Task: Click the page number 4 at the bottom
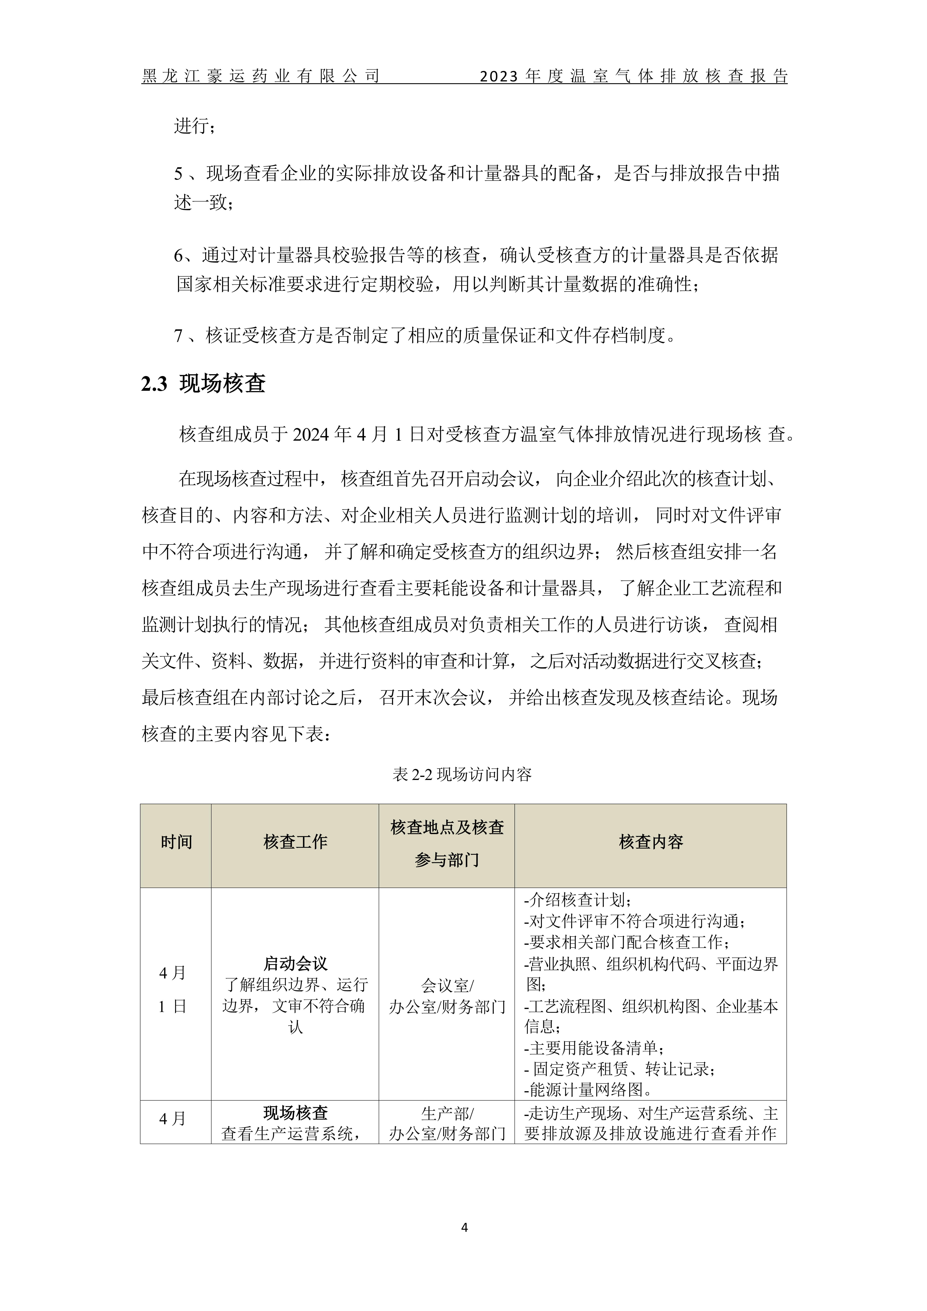(464, 1228)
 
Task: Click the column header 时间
(176, 842)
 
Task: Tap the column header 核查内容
(651, 842)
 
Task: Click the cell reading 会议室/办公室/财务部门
(447, 996)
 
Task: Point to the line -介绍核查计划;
(577, 900)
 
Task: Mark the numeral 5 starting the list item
(178, 174)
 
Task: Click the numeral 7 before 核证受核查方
(178, 336)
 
